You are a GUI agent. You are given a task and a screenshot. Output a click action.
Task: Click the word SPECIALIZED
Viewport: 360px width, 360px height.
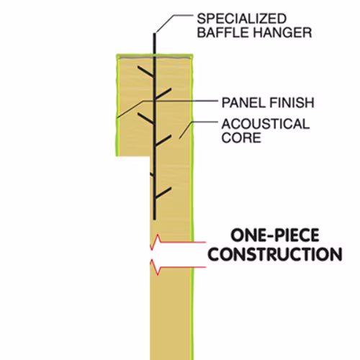[x=242, y=19]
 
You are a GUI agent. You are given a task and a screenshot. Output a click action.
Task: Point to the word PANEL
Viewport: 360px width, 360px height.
[x=243, y=103]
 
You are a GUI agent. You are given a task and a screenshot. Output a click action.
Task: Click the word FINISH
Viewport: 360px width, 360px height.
[x=292, y=103]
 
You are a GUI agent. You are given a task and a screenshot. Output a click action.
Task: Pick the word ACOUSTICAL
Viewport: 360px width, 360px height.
[x=266, y=124]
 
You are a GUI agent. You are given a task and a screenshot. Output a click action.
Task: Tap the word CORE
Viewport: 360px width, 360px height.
[x=241, y=138]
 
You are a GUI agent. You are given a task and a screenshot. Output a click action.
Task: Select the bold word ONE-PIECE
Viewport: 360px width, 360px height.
[x=275, y=235]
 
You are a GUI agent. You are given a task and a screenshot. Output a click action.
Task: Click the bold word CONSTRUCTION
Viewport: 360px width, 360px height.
[x=275, y=254]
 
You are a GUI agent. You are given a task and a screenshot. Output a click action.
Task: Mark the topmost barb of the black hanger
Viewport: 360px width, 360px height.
[x=146, y=71]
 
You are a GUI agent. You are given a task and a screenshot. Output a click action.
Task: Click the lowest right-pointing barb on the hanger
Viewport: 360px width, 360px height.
[x=163, y=193]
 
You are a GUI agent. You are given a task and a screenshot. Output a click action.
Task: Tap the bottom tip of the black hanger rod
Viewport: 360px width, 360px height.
[x=155, y=219]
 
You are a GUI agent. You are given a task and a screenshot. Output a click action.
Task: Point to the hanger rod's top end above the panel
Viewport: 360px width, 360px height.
[x=155, y=34]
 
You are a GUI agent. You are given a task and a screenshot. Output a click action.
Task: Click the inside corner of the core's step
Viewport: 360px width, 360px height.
[x=150, y=156]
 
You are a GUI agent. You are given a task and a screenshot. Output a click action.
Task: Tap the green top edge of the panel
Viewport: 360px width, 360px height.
[x=155, y=56]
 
